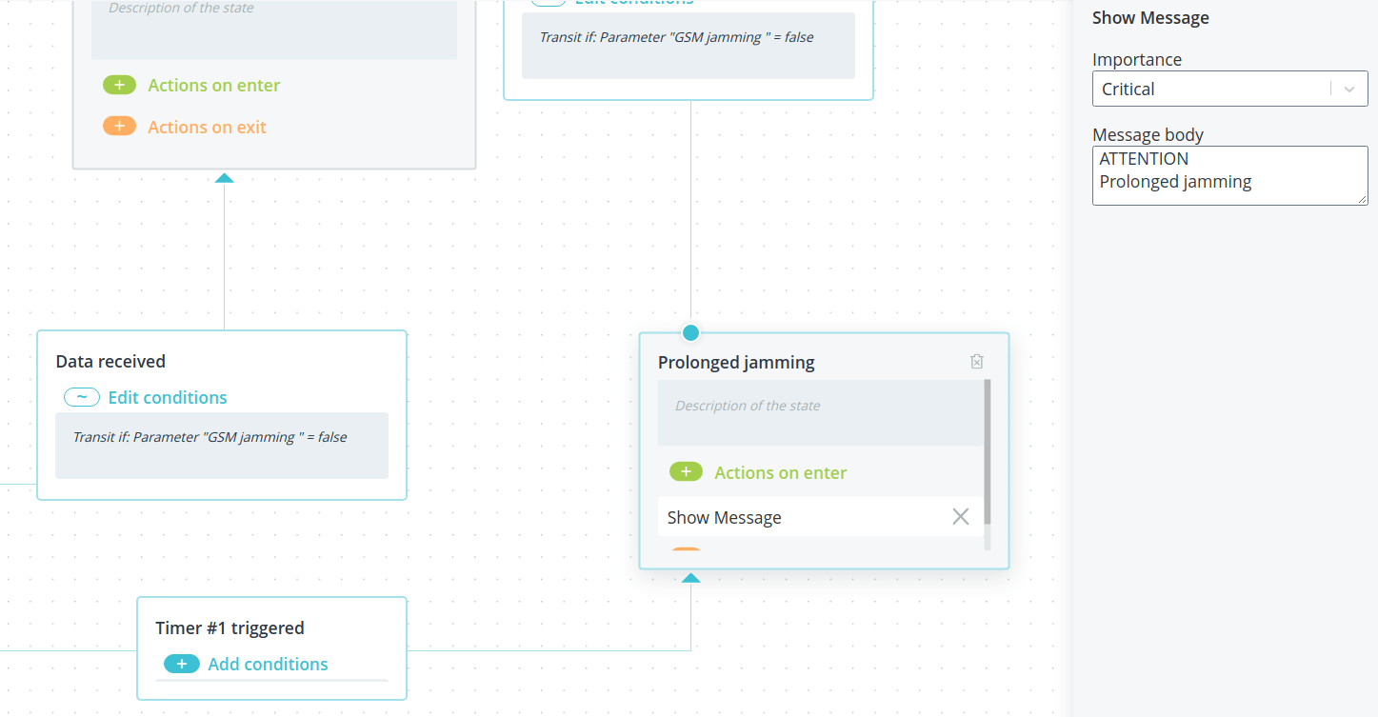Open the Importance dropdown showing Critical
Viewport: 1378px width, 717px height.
(x=1229, y=89)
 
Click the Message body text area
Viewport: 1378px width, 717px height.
(x=1229, y=175)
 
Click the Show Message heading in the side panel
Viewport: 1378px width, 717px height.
(x=1150, y=18)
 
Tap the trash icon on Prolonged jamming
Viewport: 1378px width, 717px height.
(x=977, y=362)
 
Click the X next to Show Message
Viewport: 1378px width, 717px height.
(x=960, y=516)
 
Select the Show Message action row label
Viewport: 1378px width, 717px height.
(x=724, y=518)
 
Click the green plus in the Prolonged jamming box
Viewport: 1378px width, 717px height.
(x=686, y=471)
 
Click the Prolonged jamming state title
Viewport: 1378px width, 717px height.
(x=736, y=362)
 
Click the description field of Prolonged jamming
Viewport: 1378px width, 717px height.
(x=821, y=412)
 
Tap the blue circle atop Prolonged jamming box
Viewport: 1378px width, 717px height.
(x=690, y=332)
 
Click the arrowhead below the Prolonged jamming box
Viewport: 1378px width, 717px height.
(x=690, y=577)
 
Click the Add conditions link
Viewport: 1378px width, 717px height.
(x=268, y=664)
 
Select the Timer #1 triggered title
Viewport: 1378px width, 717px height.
(x=230, y=627)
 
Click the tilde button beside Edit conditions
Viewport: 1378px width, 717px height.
(x=82, y=397)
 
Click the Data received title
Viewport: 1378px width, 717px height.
(x=110, y=361)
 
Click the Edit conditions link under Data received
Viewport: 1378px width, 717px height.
(x=168, y=398)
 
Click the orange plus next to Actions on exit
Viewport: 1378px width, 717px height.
(x=119, y=126)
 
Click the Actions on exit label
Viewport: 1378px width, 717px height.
(x=207, y=128)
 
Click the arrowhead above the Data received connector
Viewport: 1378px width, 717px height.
(x=224, y=178)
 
